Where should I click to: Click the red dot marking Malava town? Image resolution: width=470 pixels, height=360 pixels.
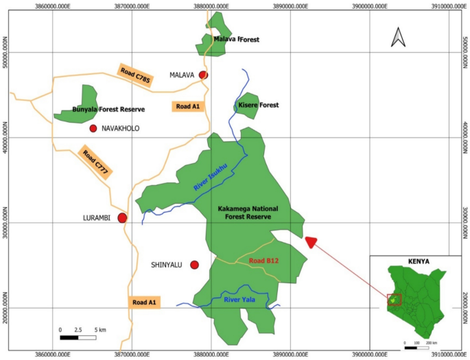[203, 75]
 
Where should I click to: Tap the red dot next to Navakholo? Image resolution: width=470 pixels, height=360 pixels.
[93, 128]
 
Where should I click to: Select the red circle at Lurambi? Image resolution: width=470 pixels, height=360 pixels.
[122, 218]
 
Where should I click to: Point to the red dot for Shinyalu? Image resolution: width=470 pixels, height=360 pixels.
[194, 265]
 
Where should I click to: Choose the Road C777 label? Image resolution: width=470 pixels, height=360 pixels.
[95, 163]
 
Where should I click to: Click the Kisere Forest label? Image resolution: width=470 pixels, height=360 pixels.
[259, 105]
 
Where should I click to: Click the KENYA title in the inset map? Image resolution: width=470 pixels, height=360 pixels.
[419, 261]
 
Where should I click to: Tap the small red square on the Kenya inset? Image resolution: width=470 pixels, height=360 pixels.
[394, 300]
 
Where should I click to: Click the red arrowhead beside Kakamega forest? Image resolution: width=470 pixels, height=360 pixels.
[311, 242]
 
